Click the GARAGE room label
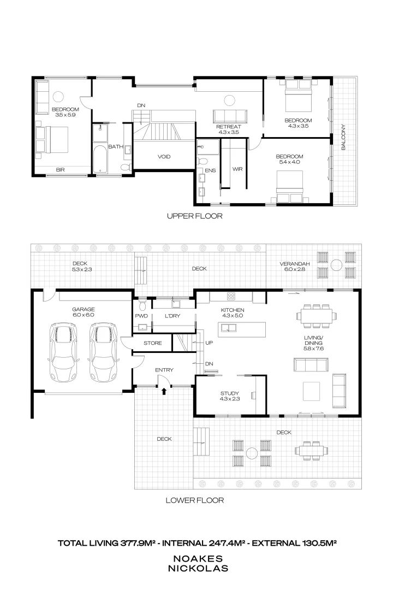(x=83, y=309)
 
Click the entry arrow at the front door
(x=164, y=390)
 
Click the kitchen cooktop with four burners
(x=231, y=297)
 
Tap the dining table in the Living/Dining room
(x=314, y=315)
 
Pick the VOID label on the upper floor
(x=164, y=157)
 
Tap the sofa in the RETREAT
(x=229, y=116)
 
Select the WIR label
(x=237, y=169)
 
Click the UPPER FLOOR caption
(x=195, y=216)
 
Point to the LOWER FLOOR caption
(x=195, y=500)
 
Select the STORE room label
(x=152, y=343)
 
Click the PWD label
(x=141, y=316)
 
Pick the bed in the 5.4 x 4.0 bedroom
(x=289, y=187)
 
